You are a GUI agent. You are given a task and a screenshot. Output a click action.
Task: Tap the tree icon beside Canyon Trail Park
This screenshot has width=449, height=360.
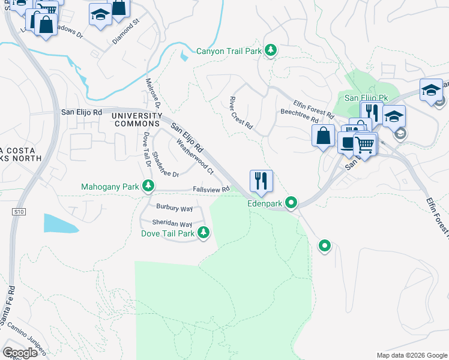click(271, 50)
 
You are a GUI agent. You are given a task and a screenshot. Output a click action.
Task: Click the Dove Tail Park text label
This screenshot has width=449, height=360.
click(167, 233)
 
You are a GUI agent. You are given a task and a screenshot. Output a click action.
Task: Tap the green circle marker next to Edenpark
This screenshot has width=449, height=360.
click(291, 203)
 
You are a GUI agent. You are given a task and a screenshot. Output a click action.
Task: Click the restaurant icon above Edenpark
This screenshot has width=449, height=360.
click(261, 180)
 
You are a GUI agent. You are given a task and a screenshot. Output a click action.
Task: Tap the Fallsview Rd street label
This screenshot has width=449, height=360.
click(211, 189)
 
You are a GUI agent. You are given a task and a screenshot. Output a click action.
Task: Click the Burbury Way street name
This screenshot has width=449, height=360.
click(174, 208)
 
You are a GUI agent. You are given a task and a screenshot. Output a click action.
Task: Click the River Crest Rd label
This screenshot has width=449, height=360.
click(241, 115)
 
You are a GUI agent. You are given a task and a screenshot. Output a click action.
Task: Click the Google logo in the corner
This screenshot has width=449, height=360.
click(20, 353)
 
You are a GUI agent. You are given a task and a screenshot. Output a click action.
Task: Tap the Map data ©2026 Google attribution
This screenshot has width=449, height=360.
click(411, 355)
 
